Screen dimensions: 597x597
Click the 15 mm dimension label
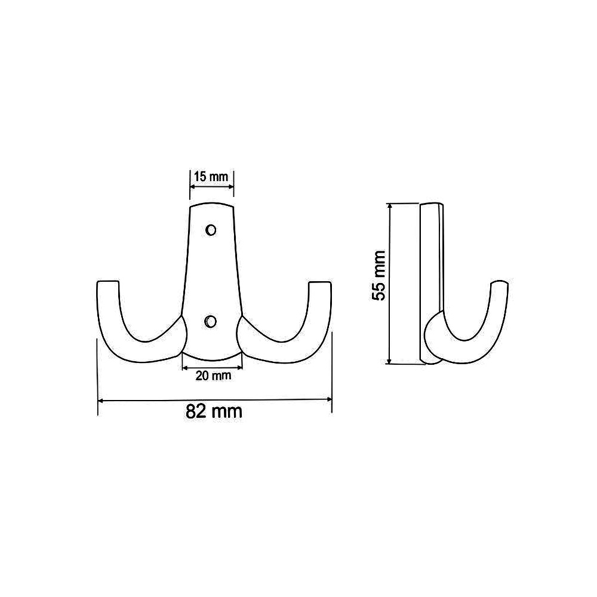point(211,177)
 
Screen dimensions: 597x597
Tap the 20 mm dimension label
point(213,376)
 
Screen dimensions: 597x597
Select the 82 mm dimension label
point(214,411)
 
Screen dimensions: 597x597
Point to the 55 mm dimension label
point(379,275)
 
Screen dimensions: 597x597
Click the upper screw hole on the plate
point(211,230)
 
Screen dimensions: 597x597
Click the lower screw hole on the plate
point(210,322)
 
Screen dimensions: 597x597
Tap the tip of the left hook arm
point(108,282)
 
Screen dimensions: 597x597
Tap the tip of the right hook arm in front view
point(320,283)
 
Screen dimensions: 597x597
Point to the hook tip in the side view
point(499,282)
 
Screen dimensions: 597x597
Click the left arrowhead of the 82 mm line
point(101,400)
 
